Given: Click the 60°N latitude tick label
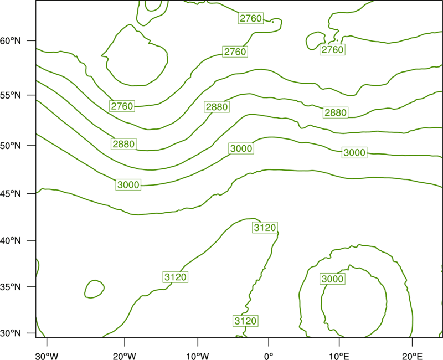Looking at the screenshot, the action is tap(11, 40).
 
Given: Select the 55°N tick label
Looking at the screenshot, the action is tap(11, 95).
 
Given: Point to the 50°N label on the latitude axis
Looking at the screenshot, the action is tap(11, 146).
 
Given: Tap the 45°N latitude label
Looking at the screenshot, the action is tap(11, 193).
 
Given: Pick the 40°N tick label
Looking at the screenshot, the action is tap(11, 241).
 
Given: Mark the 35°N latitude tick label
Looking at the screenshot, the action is tap(11, 287).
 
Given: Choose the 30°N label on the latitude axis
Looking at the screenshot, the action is tap(11, 333).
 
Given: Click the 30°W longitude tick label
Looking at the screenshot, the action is tap(47, 356).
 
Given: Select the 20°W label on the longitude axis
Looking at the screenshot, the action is tap(125, 356).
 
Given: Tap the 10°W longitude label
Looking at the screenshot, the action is tap(198, 356).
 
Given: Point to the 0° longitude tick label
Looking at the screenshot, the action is tap(269, 356).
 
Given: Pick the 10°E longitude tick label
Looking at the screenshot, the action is tap(339, 356).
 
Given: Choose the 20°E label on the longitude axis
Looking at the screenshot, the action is tap(412, 356).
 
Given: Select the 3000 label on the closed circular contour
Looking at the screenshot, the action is tap(333, 279).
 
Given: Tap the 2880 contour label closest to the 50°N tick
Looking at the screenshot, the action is tap(123, 144).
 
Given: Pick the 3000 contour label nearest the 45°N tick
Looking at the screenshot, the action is tap(128, 185).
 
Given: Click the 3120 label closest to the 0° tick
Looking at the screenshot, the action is tap(245, 321).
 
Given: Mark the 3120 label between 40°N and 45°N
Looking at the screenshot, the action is tap(265, 228).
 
